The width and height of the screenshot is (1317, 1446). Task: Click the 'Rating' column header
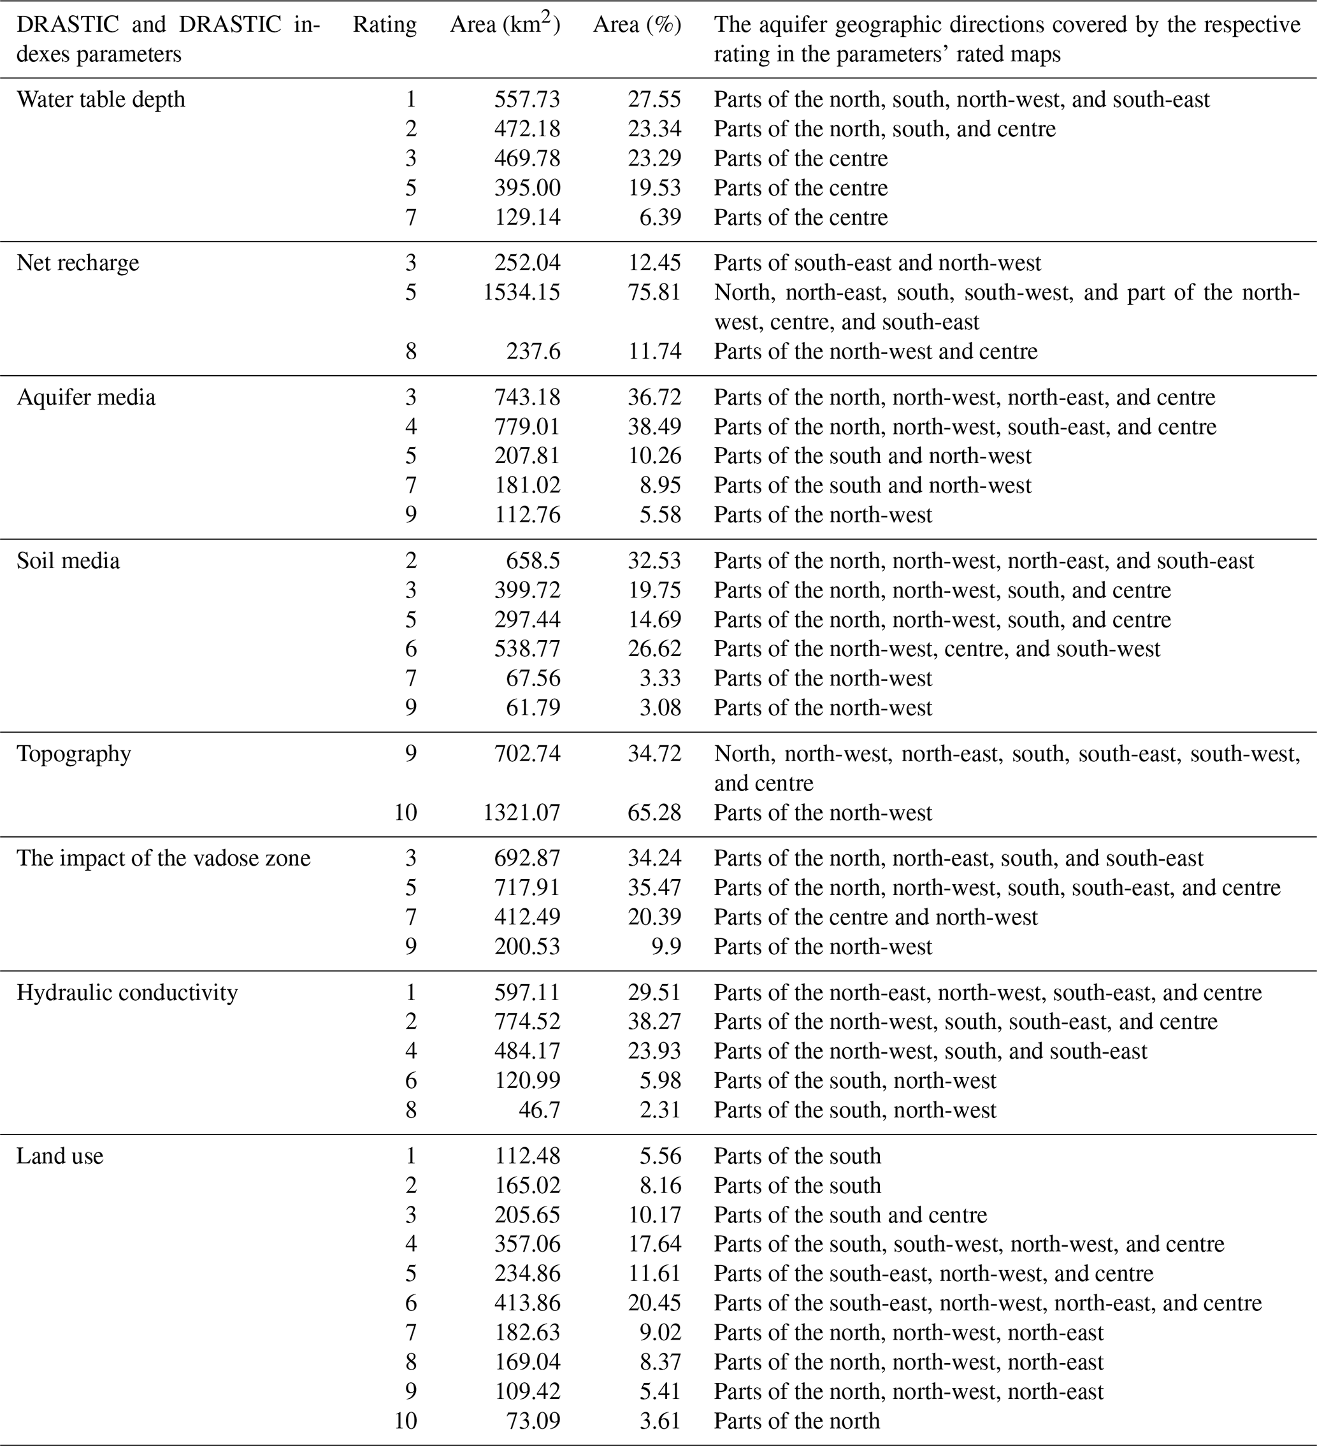point(384,25)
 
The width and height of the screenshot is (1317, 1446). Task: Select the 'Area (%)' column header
point(637,25)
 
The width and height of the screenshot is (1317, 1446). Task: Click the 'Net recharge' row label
point(78,262)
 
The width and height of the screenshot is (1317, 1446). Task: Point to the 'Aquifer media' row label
point(85,397)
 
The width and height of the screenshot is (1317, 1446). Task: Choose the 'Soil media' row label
point(68,560)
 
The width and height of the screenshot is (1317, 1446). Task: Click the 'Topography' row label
point(73,754)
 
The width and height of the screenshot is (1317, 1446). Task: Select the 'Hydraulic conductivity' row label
point(127,992)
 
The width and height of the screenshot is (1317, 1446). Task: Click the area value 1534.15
point(521,292)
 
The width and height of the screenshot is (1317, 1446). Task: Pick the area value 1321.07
point(521,813)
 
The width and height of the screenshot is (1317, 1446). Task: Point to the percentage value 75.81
point(654,292)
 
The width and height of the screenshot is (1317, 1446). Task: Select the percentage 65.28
point(654,813)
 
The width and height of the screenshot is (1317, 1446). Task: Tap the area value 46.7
point(538,1110)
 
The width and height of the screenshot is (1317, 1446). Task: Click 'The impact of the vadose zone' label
point(164,859)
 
